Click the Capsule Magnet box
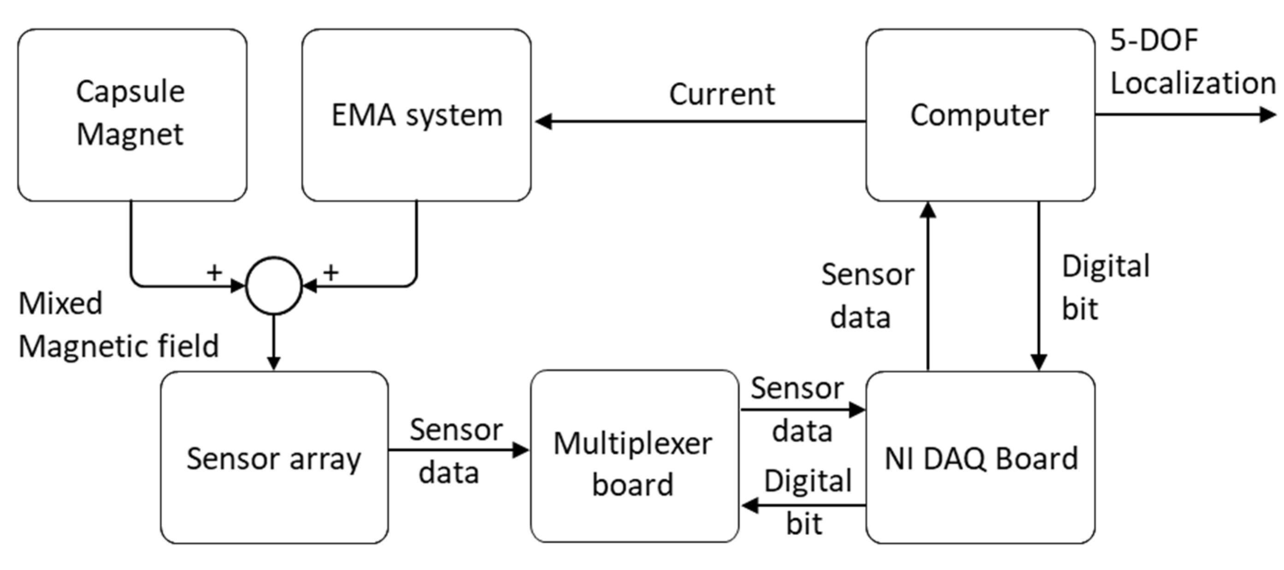(132, 115)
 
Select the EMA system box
(416, 115)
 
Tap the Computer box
(980, 115)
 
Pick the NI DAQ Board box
(980, 458)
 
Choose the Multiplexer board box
(634, 456)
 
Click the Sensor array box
(274, 458)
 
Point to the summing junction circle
(274, 286)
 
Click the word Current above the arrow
(722, 94)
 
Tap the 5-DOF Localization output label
(1191, 62)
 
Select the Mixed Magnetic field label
(118, 325)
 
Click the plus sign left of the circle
(214, 272)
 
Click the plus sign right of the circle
(331, 272)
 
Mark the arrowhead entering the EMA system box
(543, 121)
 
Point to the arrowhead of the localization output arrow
(1267, 115)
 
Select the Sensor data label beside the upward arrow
(867, 296)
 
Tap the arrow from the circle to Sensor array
(274, 344)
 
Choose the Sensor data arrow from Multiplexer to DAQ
(802, 410)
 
